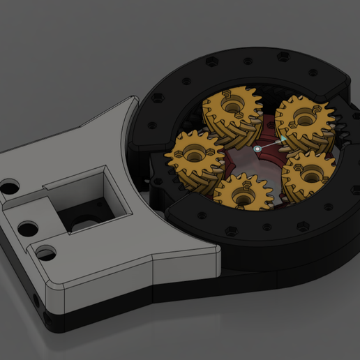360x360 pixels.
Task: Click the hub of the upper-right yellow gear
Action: tap(303, 118)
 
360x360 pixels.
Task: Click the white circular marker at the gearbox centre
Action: tap(257, 149)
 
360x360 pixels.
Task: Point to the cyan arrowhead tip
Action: tap(285, 140)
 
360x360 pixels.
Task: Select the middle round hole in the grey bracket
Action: tap(28, 228)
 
